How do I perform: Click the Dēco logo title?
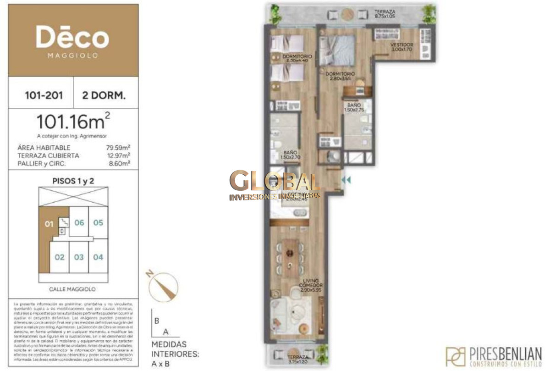[73, 39]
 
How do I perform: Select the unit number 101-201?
[41, 96]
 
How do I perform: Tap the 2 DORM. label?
[104, 96]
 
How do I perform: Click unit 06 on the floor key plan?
[79, 223]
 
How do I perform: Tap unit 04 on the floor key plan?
[98, 257]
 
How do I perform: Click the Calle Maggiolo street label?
[72, 289]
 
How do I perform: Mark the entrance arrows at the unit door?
[346, 180]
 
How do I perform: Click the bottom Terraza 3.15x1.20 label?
[297, 359]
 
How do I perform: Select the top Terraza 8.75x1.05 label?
[385, 13]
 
